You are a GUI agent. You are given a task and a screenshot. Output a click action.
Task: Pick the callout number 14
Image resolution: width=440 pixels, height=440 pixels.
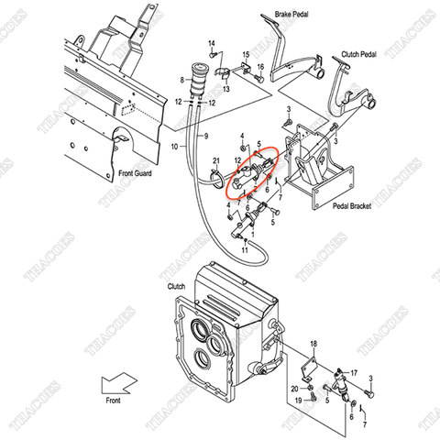(x=211, y=44)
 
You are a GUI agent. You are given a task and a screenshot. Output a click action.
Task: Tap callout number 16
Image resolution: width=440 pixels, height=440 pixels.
(x=260, y=66)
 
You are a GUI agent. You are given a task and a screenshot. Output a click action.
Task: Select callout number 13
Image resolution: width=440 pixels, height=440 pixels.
(x=225, y=89)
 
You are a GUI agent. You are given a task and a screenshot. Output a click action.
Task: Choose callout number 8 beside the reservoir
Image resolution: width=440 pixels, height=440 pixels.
(x=183, y=80)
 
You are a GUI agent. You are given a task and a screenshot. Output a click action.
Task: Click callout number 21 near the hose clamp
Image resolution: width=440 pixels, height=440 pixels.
(x=216, y=161)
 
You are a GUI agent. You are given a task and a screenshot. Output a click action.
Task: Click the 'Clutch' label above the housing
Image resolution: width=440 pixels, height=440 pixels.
(x=176, y=286)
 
